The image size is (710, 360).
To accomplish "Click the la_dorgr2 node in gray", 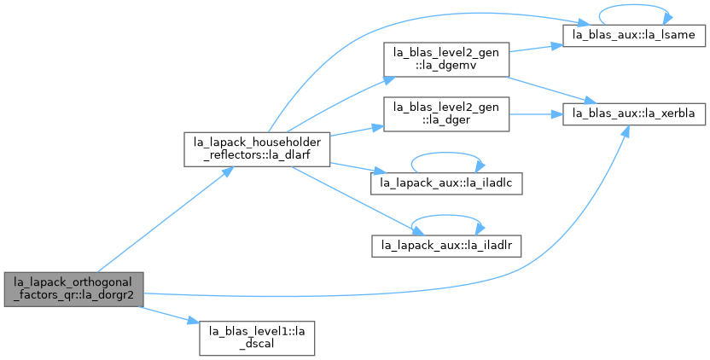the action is [74, 289].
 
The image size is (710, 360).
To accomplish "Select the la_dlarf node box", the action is [257, 149].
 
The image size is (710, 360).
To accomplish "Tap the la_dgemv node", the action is [446, 60].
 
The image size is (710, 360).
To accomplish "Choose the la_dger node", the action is [446, 114].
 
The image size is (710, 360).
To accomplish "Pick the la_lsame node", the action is [634, 35].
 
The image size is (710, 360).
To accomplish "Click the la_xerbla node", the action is [634, 114].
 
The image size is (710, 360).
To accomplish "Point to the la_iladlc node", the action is [446, 183].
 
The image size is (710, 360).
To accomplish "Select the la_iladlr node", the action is [446, 246].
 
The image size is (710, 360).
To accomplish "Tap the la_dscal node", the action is [257, 339].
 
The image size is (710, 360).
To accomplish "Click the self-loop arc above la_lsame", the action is [634, 5].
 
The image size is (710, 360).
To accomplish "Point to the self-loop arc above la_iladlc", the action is [446, 153].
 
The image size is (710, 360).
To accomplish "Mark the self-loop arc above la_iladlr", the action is [446, 216].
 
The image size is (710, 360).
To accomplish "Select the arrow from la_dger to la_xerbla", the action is [536, 114].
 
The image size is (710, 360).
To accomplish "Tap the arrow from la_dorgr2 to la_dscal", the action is [169, 315].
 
